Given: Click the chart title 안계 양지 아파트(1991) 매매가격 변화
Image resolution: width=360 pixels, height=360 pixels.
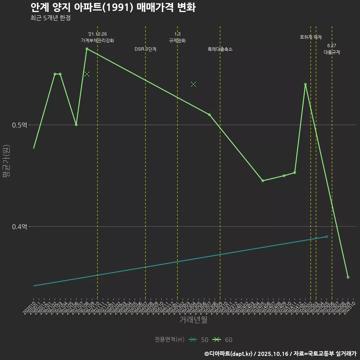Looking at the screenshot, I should tap(112, 7).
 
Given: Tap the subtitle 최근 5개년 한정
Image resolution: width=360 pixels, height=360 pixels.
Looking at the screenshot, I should tap(50, 18).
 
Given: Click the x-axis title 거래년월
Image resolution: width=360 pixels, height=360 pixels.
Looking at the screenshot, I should tap(193, 320).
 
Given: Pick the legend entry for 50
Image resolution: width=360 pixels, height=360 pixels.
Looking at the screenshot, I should tap(199, 340).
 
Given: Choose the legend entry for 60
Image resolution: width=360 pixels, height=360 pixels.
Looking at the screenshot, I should tap(223, 340).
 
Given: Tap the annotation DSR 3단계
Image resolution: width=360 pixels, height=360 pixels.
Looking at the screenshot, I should tap(145, 49).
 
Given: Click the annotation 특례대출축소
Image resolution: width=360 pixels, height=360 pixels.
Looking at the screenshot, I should tap(220, 49).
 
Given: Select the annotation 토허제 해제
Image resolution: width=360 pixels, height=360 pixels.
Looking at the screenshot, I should tap(311, 37).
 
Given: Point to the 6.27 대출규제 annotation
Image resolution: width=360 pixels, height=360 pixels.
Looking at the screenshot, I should tap(332, 49).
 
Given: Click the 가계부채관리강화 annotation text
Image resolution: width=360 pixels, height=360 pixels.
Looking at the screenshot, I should tap(97, 40).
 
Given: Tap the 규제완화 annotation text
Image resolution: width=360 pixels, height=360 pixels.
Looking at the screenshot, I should tap(177, 40).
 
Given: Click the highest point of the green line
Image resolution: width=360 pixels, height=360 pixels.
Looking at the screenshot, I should tap(87, 49).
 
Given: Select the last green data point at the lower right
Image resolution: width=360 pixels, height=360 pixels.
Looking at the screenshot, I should tap(348, 277).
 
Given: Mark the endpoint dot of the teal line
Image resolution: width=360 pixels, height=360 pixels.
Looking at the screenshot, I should tap(327, 237).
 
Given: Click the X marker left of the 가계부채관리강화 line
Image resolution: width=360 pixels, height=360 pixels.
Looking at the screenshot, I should tap(87, 74).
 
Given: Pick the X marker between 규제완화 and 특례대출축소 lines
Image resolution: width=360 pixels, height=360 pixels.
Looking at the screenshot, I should tap(193, 84).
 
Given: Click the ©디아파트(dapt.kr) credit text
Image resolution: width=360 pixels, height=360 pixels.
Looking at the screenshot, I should tap(229, 354).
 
